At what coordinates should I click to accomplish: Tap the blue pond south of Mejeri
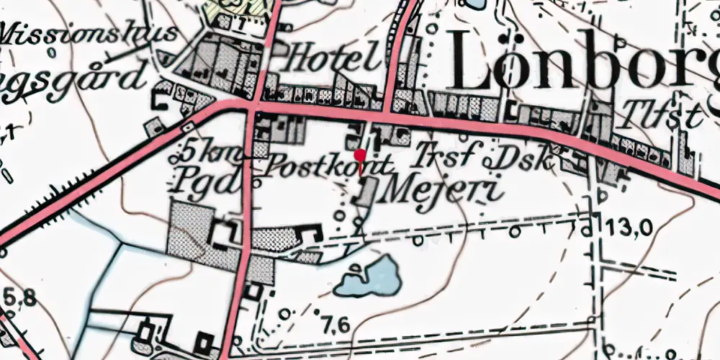(x=370, y=276)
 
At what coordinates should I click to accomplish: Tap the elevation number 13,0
(x=628, y=228)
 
